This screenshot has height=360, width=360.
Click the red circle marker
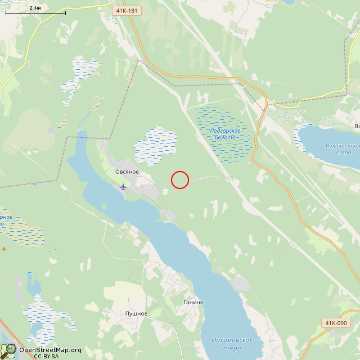(x=179, y=179)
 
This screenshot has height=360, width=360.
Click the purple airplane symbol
(x=123, y=186)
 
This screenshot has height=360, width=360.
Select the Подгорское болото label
(x=224, y=134)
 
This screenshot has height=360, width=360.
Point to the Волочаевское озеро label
(x=343, y=149)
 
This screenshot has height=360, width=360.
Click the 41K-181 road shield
(x=127, y=11)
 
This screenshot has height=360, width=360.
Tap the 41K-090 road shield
(x=336, y=323)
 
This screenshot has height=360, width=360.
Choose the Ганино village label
(x=193, y=302)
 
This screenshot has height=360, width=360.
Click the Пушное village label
(x=136, y=313)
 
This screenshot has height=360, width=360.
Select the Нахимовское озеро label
(x=232, y=344)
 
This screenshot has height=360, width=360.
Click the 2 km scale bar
(x=35, y=12)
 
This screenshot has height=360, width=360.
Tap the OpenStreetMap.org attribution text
(x=50, y=350)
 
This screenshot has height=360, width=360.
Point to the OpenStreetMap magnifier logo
(x=8, y=351)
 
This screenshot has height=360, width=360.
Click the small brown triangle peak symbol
(x=4, y=247)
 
